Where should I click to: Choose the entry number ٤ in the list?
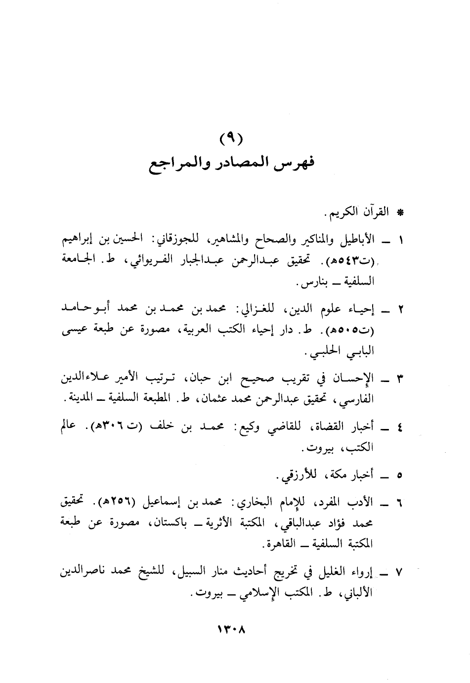401,428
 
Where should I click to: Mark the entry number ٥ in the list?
401,475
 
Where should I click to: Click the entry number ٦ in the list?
401,504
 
